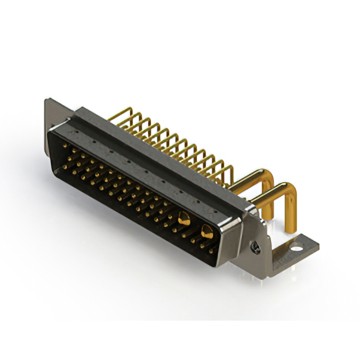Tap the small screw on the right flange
click(x=256, y=245)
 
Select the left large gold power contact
click(x=183, y=218)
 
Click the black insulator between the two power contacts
click(x=195, y=225)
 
